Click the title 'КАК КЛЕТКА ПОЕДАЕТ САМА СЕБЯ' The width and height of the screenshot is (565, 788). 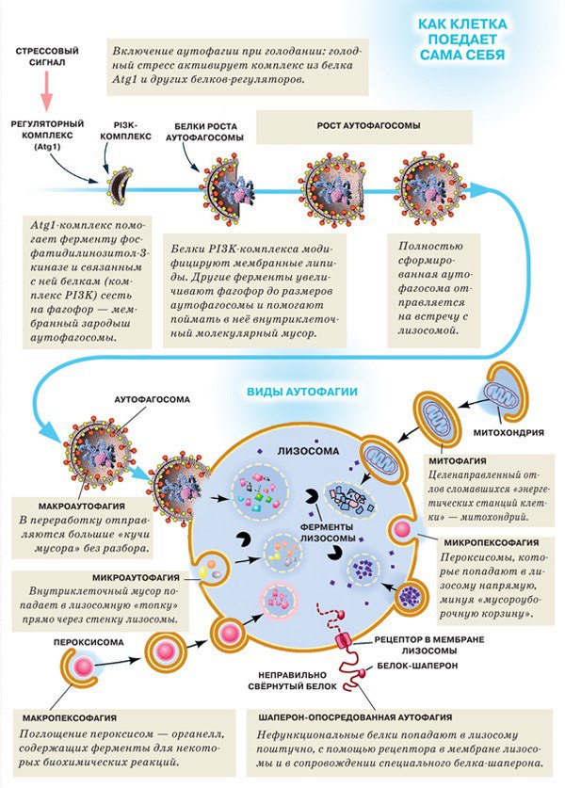[x=461, y=39]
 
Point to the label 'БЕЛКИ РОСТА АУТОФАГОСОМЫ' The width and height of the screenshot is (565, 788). [x=205, y=131]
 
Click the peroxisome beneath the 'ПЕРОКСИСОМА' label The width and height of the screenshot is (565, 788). [x=84, y=667]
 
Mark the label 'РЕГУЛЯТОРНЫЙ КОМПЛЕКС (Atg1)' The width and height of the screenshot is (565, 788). [x=47, y=135]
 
